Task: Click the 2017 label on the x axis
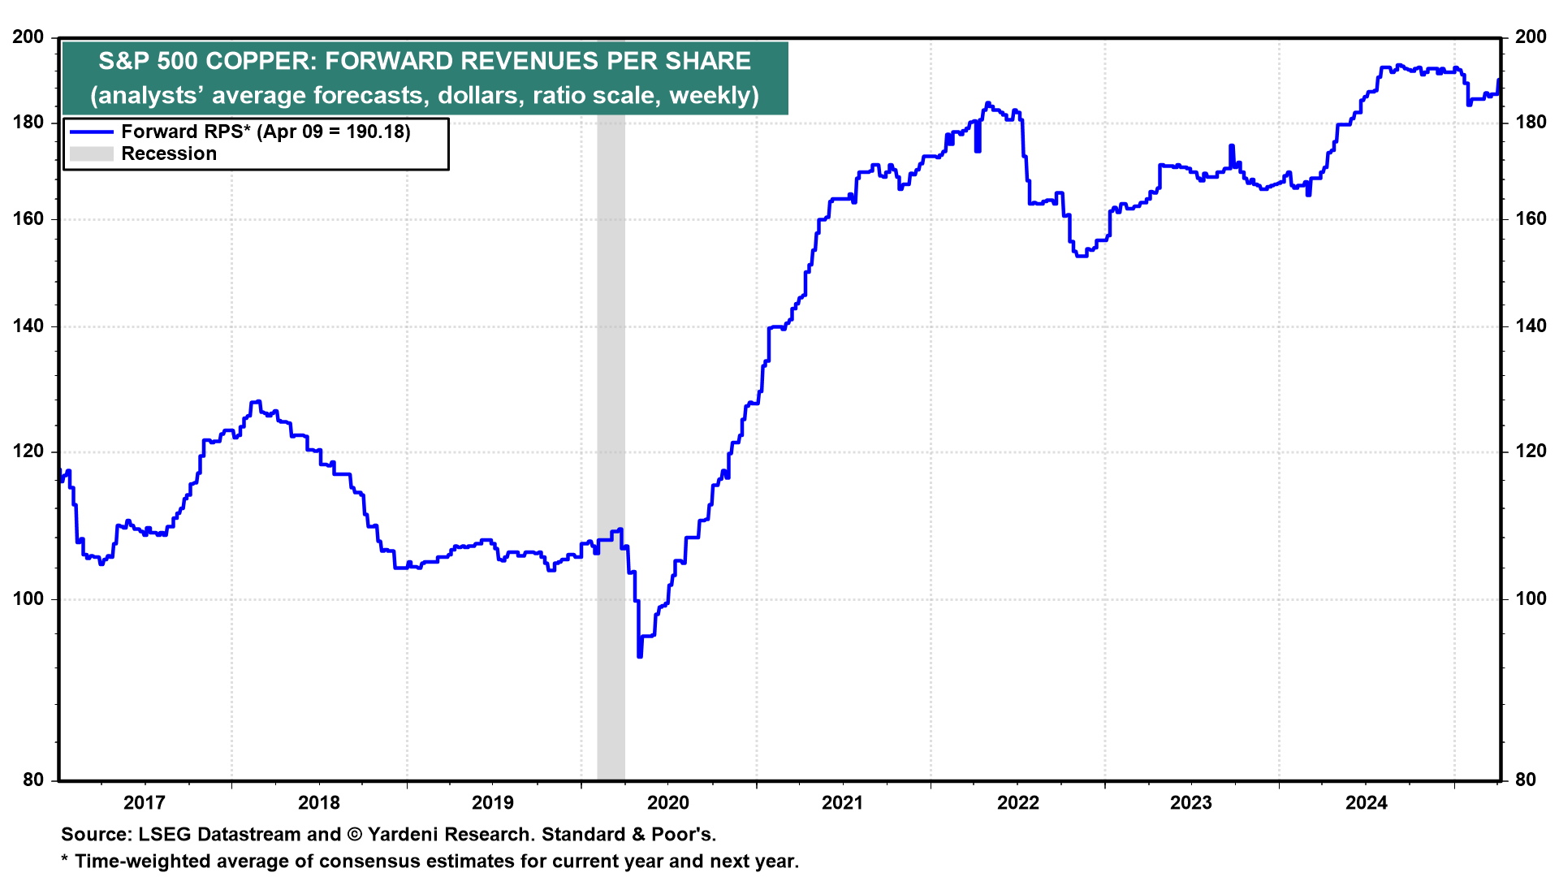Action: tap(144, 803)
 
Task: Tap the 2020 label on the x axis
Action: tap(667, 803)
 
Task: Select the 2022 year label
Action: tap(1017, 803)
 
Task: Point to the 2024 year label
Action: tap(1367, 803)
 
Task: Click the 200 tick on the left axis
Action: tap(28, 37)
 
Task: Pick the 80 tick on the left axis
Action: tap(33, 780)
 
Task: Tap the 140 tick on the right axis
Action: tap(1531, 326)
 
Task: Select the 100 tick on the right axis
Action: tap(1531, 599)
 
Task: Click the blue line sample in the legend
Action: tap(91, 132)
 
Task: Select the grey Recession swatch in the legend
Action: tap(91, 154)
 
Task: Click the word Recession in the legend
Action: tap(169, 154)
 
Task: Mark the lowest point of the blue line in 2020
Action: tap(640, 655)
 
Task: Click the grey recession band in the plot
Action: tap(611, 406)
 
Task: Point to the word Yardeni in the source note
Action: tap(403, 835)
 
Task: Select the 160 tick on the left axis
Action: tap(28, 219)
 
